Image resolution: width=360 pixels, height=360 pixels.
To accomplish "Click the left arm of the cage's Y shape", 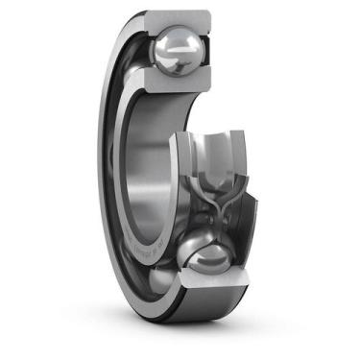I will click(x=199, y=178).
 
